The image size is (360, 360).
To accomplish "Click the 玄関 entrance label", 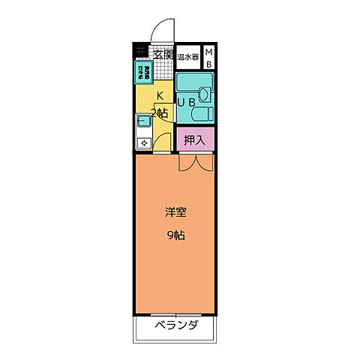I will [x=163, y=54].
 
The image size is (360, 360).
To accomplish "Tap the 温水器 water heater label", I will [x=188, y=55].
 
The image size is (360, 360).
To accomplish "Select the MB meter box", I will [x=208, y=57].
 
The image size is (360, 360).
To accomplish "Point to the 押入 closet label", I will [x=195, y=139].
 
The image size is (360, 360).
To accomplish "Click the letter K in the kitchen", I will [x=160, y=95].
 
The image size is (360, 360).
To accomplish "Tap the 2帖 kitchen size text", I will [x=160, y=113].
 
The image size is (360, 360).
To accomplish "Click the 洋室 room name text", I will [x=175, y=211].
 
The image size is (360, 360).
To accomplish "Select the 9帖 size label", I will [x=175, y=235].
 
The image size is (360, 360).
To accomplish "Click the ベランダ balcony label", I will [x=177, y=325].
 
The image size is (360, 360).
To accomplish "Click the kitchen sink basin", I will [x=142, y=121].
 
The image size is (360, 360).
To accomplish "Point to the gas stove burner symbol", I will [x=142, y=142].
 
